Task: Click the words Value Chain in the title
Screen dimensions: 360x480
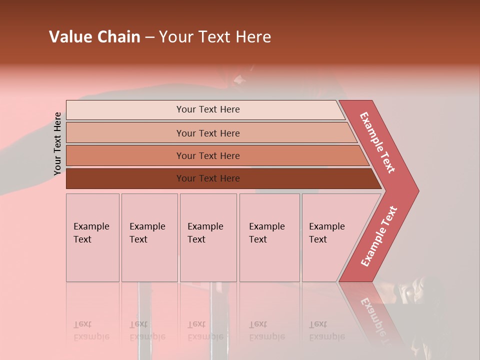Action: tap(94, 37)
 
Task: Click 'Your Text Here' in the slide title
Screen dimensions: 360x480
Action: tap(215, 37)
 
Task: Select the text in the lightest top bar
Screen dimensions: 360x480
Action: tap(208, 109)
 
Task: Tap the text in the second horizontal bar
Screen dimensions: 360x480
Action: tap(208, 133)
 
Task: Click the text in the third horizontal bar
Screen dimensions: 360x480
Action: tap(208, 156)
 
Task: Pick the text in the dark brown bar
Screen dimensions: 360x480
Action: tap(208, 178)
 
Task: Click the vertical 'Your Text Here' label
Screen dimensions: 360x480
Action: tap(58, 144)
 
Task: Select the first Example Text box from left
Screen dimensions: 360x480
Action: tap(91, 233)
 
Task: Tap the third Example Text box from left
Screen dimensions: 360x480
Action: tap(205, 233)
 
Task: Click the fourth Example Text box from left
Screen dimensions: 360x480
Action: tap(267, 233)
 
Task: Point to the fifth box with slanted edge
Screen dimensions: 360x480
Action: tap(327, 233)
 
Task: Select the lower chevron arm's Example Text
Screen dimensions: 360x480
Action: tap(379, 236)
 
